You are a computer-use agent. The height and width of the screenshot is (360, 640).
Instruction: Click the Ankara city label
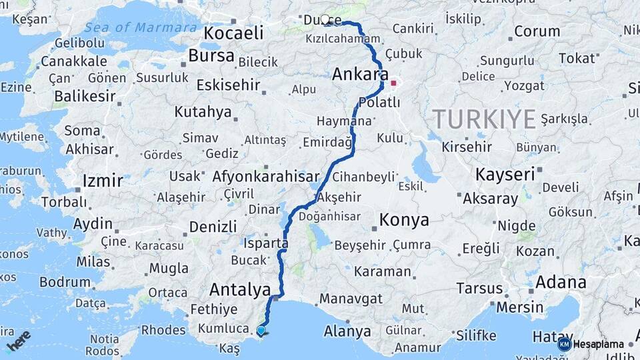click(360, 74)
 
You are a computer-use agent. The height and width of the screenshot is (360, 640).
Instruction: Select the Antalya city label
click(239, 289)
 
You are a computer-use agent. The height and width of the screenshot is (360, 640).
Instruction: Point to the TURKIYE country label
click(485, 119)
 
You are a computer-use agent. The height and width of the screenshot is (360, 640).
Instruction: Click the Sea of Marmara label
click(141, 28)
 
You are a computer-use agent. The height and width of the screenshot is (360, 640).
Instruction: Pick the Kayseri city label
click(505, 175)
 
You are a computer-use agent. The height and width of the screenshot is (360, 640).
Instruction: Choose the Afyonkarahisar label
click(265, 177)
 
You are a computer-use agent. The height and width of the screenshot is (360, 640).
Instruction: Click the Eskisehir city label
click(227, 85)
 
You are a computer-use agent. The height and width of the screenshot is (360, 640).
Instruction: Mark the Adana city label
click(561, 282)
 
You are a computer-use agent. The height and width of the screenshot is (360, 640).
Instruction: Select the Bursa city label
click(211, 55)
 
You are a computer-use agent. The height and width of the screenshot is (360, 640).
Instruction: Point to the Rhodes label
click(163, 329)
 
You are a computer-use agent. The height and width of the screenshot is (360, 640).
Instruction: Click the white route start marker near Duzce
click(325, 20)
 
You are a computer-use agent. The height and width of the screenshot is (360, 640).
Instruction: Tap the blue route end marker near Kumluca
click(261, 330)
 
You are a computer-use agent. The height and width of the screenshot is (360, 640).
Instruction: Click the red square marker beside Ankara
click(393, 84)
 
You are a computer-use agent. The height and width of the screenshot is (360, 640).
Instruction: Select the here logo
click(19, 340)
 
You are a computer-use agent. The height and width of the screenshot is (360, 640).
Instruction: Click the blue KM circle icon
click(564, 344)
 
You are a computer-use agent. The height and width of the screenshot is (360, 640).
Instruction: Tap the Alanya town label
click(347, 331)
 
